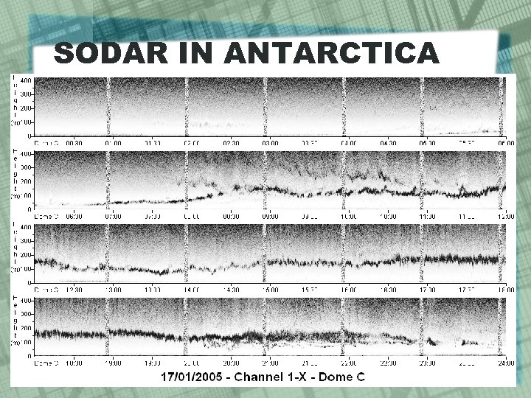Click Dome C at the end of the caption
click(352, 377)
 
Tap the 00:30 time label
click(75, 143)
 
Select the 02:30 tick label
click(231, 143)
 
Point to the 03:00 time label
click(270, 143)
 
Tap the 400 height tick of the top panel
click(25, 81)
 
